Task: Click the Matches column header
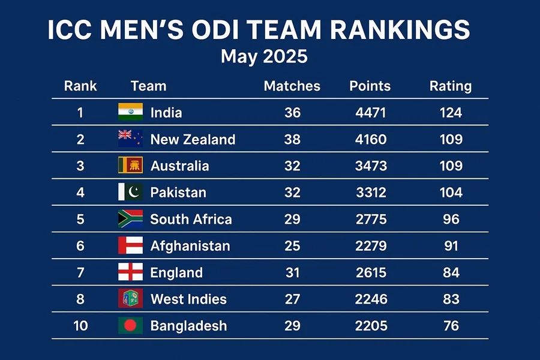[x=292, y=86]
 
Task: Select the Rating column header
[x=450, y=86]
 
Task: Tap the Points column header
[x=370, y=86]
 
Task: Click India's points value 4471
[x=370, y=113]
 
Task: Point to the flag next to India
[x=130, y=112]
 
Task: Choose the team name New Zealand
[x=193, y=139]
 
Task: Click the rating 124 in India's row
[x=450, y=113]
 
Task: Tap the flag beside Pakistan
[x=130, y=192]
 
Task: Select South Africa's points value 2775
[x=370, y=219]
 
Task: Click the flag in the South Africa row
[x=130, y=218]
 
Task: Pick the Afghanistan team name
[x=190, y=245]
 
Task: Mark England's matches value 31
[x=292, y=272]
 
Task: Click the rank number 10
[x=80, y=326]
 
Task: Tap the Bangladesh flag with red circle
[x=130, y=325]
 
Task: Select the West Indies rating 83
[x=450, y=299]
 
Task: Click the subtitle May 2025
[x=264, y=57]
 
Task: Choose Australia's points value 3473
[x=370, y=166]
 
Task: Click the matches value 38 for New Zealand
[x=292, y=139]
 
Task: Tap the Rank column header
[x=80, y=86]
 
